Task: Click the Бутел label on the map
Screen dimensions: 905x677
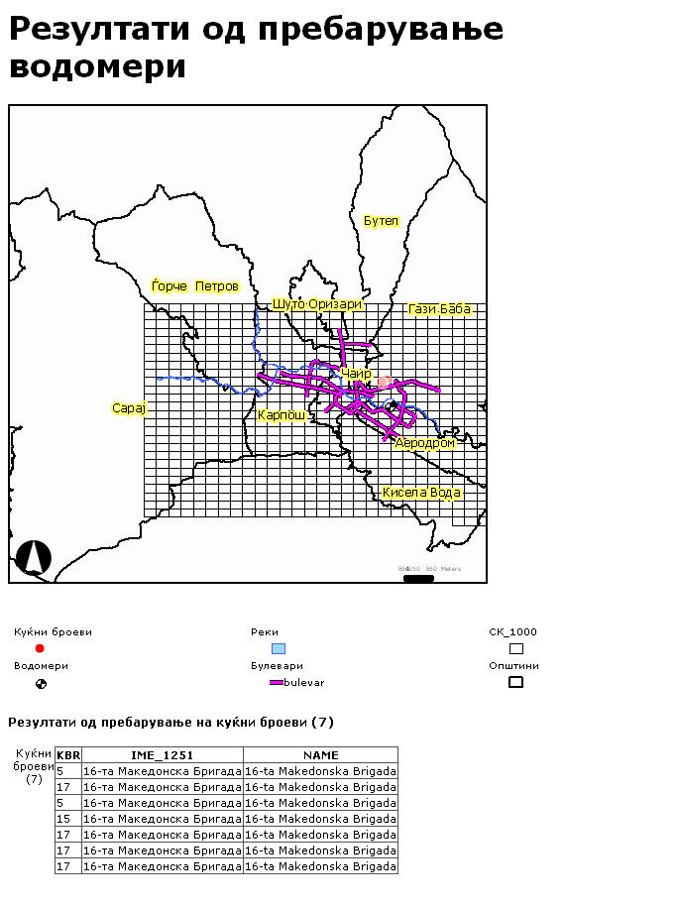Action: [381, 221]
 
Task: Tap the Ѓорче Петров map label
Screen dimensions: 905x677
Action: [195, 286]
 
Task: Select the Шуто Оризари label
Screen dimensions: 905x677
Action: [317, 304]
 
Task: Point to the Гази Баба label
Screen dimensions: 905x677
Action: [439, 309]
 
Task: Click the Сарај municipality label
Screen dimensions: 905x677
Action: [129, 408]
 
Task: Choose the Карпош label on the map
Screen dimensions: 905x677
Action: [281, 414]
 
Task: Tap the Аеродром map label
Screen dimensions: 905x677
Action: [425, 443]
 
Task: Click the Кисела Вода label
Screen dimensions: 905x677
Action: [421, 493]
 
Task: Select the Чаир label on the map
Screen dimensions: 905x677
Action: [356, 374]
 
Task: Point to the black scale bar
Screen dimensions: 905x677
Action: [419, 578]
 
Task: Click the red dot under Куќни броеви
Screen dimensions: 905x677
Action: [40, 648]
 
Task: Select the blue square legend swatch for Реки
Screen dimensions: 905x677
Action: [279, 648]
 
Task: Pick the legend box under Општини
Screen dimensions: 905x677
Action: [515, 682]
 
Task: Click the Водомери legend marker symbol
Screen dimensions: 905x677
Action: [41, 683]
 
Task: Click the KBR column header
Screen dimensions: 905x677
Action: [68, 755]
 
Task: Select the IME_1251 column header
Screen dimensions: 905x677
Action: [163, 755]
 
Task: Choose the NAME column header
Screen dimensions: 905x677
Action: [320, 755]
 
